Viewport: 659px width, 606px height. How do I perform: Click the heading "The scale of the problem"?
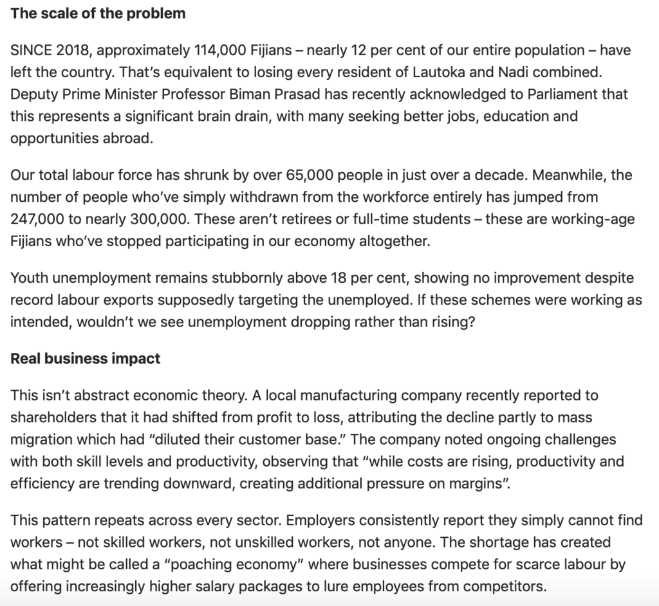[x=98, y=13]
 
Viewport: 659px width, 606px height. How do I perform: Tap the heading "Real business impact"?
[x=86, y=358]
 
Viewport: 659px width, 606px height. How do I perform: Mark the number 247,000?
[x=37, y=218]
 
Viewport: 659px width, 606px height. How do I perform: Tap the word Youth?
[x=28, y=278]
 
